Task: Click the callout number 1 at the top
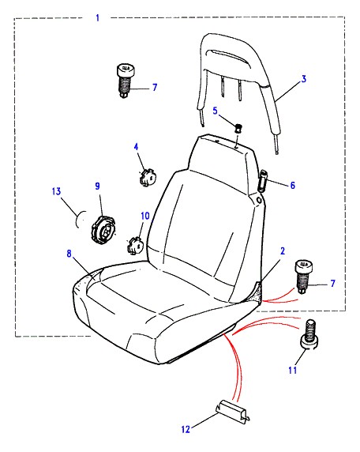(x=98, y=18)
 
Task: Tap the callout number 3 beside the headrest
(x=304, y=79)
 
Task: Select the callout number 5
(x=216, y=111)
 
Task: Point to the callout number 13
(x=57, y=191)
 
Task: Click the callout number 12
(x=186, y=429)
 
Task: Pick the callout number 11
(x=293, y=370)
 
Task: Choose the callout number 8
(x=69, y=254)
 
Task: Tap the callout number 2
(x=283, y=250)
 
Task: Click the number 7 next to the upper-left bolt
(x=155, y=87)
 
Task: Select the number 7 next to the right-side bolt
(x=333, y=284)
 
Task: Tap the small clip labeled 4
(x=148, y=176)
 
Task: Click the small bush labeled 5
(x=238, y=128)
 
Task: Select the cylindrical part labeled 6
(x=263, y=181)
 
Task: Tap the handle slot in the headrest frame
(x=226, y=55)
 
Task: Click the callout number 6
(x=293, y=185)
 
